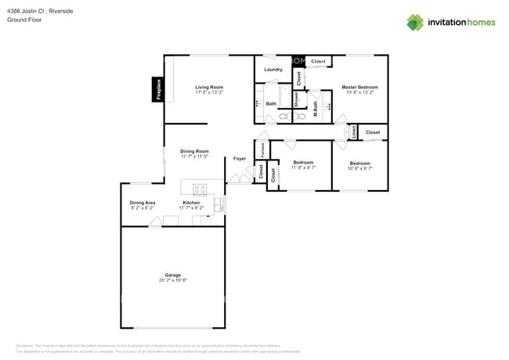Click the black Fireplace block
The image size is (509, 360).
[x=157, y=89]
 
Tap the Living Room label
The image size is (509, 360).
[x=209, y=87]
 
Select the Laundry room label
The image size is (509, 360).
[x=273, y=70]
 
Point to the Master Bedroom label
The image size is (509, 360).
[x=360, y=87]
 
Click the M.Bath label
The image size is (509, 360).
[x=315, y=110]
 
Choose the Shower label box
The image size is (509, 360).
[x=297, y=100]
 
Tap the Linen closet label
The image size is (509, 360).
[x=353, y=133]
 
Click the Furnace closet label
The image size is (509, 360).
[x=262, y=148]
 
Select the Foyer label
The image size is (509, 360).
[x=240, y=159]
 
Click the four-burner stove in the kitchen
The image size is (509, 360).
[x=199, y=188]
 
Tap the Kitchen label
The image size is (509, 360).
[x=192, y=203]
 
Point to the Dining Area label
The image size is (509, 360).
[x=143, y=203]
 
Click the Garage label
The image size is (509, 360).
[x=172, y=275]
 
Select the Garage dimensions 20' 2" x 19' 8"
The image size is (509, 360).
[x=172, y=280]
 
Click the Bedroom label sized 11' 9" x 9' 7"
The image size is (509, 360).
[x=303, y=162]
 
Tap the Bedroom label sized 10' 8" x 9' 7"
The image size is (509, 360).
[x=360, y=163]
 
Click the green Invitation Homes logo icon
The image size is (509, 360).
[x=416, y=22]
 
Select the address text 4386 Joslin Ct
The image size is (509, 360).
[x=31, y=11]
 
